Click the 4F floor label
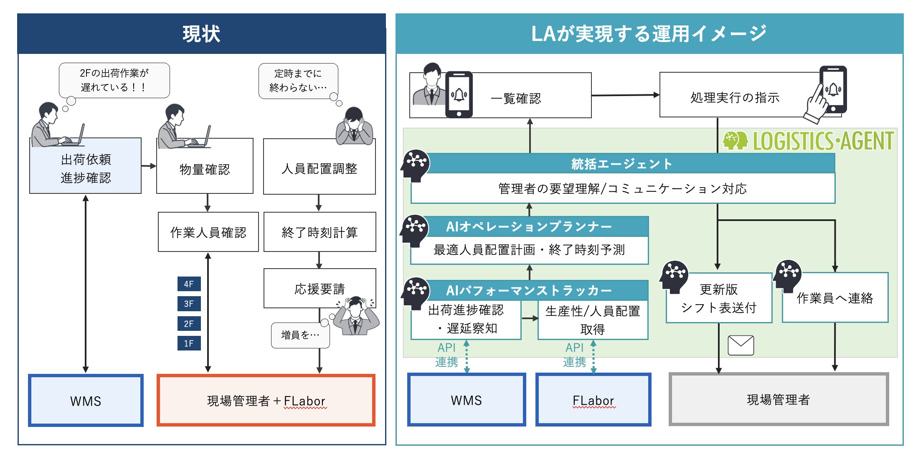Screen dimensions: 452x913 tap(189, 284)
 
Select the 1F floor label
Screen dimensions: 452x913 tap(189, 343)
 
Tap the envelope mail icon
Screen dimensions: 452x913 tap(741, 345)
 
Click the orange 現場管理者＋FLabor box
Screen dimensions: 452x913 tap(266, 401)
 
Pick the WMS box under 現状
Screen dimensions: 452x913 tap(86, 401)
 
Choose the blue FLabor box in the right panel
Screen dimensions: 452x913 tap(593, 400)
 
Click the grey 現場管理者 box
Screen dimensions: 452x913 tap(779, 399)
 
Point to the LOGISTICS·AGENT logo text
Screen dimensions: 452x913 tap(823, 141)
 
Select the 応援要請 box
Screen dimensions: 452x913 tap(320, 289)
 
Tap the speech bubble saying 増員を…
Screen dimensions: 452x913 tap(300, 335)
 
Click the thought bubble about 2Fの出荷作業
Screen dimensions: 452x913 tap(114, 80)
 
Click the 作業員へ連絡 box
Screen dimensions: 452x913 tap(835, 298)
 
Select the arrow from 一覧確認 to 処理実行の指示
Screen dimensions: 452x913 tap(625, 95)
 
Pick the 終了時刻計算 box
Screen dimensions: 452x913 tap(320, 232)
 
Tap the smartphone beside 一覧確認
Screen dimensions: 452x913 tap(459, 94)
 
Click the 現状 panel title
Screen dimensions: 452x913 tap(201, 34)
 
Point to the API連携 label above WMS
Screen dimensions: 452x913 tap(446, 355)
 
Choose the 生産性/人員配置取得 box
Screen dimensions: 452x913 tap(593, 320)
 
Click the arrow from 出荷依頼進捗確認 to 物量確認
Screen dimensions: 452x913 tap(149, 166)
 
